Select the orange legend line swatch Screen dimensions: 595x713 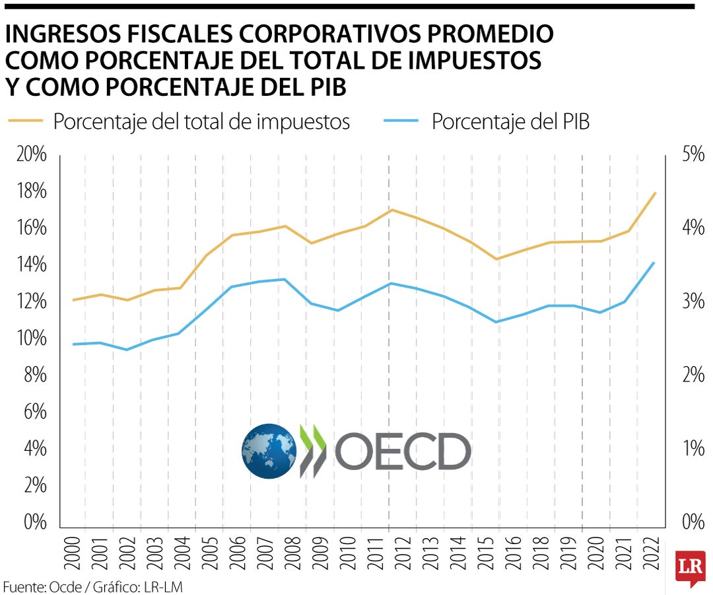[26, 122]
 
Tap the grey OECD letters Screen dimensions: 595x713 [403, 452]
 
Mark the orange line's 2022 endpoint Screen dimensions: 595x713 [654, 193]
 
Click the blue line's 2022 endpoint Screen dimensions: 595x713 [654, 262]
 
